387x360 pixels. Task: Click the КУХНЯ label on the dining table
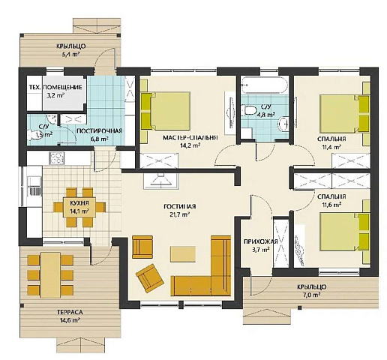click(x=79, y=202)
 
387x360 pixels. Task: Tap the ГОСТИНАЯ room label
click(x=180, y=206)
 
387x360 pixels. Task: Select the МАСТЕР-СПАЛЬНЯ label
click(x=190, y=137)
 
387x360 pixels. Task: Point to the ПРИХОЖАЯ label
click(x=260, y=241)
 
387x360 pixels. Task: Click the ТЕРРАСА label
click(x=70, y=312)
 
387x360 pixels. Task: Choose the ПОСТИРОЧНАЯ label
click(x=100, y=130)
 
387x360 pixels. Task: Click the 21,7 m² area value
click(x=180, y=214)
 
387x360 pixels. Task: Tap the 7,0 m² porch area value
click(x=311, y=294)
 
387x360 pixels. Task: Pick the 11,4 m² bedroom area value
click(x=331, y=146)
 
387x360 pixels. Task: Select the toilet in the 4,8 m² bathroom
click(x=248, y=110)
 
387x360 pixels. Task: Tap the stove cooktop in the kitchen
click(x=57, y=158)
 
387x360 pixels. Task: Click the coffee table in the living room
click(x=183, y=253)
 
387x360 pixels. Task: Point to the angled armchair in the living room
click(x=149, y=278)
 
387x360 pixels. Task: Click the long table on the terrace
click(x=51, y=275)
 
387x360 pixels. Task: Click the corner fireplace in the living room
click(x=161, y=181)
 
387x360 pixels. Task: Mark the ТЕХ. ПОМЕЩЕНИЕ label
click(x=55, y=87)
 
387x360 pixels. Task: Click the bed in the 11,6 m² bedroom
click(x=344, y=232)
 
